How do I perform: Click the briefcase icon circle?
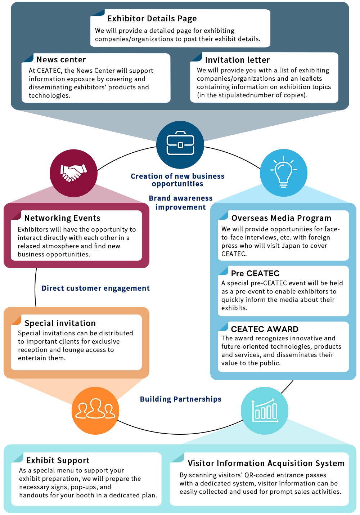pos(180,145)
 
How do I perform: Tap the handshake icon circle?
pos(73,173)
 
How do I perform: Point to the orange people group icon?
pos(95,411)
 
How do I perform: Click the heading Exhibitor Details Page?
pos(152,19)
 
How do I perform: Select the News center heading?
pos(61,60)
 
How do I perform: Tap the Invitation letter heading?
pos(237,60)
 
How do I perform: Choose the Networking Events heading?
pos(62,218)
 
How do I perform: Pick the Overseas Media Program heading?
pos(281,218)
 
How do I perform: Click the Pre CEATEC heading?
pos(255,273)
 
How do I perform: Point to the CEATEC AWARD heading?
pos(265,329)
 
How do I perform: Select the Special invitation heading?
pos(60,323)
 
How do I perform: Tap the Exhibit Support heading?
pos(58,461)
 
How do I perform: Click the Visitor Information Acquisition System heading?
pos(266,463)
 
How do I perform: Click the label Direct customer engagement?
pos(95,288)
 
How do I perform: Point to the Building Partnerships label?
pos(180,399)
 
